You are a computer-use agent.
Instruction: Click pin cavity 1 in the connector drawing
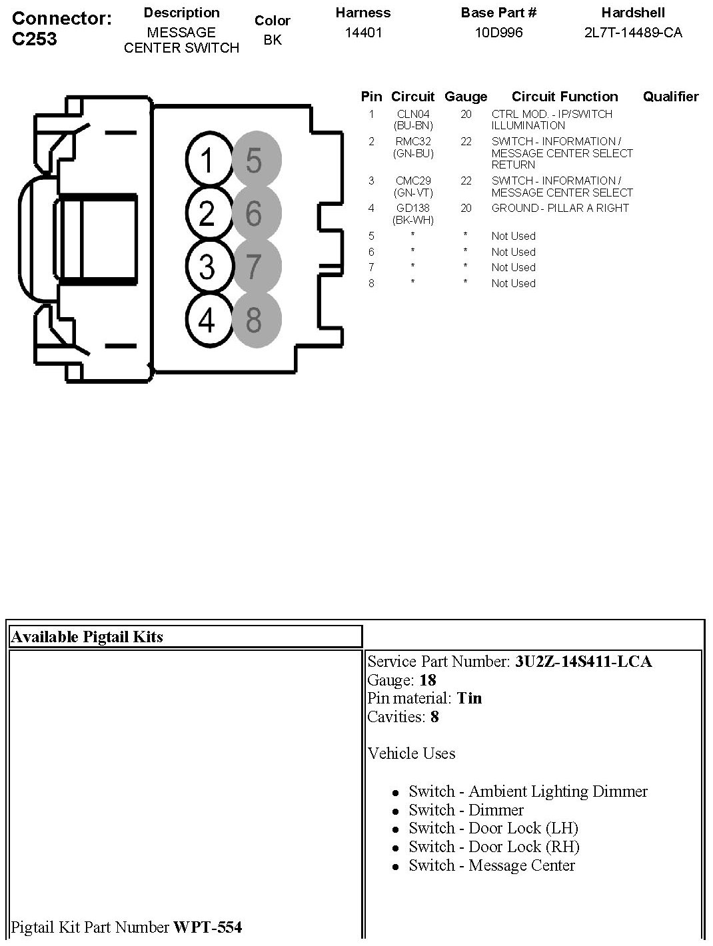click(207, 161)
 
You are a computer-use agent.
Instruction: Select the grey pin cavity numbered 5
click(256, 161)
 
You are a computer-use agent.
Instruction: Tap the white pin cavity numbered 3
click(207, 266)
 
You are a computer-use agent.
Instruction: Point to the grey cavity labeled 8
click(256, 320)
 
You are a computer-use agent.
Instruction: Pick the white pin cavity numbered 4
click(207, 320)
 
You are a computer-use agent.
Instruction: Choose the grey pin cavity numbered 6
click(256, 213)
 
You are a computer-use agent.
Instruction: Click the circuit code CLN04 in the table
click(413, 115)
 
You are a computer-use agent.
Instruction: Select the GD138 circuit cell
click(413, 209)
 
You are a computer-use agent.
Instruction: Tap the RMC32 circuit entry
click(413, 142)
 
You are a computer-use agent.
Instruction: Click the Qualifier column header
click(670, 97)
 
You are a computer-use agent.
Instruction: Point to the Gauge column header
click(466, 97)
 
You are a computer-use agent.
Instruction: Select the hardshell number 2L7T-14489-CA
click(633, 33)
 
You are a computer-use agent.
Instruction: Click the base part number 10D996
click(498, 33)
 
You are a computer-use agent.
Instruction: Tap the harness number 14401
click(363, 33)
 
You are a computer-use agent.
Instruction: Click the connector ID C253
click(35, 39)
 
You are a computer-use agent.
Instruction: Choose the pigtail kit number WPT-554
click(207, 927)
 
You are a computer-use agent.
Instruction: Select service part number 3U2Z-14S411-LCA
click(583, 662)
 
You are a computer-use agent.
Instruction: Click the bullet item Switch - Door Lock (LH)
click(493, 828)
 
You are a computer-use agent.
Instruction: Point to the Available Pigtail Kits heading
click(87, 637)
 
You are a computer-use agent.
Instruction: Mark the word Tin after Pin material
click(469, 698)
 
